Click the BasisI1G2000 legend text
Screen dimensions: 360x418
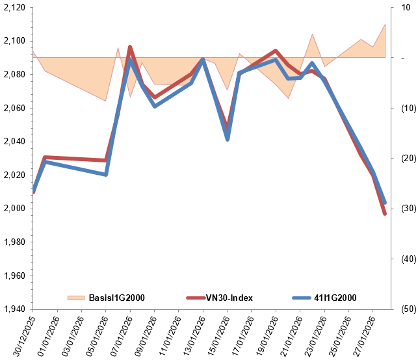click(x=116, y=298)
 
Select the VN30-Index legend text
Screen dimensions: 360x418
click(x=229, y=298)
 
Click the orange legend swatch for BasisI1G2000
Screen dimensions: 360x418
click(x=76, y=298)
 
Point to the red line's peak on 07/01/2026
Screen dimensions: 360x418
click(x=130, y=47)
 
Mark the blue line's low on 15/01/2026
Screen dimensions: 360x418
click(x=228, y=139)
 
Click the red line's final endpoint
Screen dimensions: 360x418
click(x=385, y=214)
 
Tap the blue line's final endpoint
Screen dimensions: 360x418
click(x=385, y=203)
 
